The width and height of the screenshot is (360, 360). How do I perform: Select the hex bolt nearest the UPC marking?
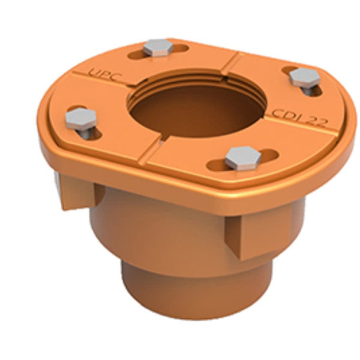pos(158,47)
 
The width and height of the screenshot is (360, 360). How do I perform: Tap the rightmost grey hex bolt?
pos(304,78)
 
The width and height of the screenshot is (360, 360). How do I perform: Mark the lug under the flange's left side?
pos(78,192)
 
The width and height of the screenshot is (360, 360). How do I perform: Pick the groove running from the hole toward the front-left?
pos(153,144)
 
